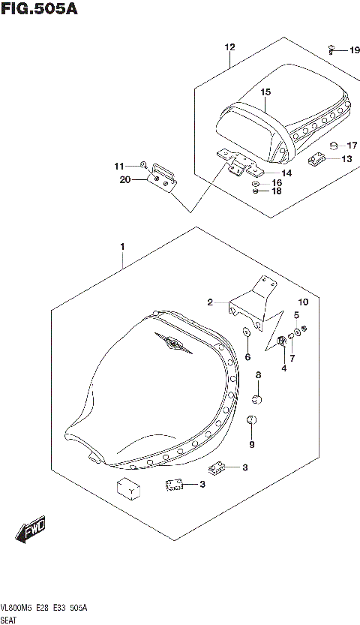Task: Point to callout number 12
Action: click(229, 47)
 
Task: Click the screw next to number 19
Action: click(331, 50)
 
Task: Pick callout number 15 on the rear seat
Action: click(265, 92)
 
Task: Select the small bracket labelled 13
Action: click(316, 158)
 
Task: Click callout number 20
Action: click(124, 180)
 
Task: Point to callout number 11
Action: click(119, 166)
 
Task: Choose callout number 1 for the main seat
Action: click(121, 246)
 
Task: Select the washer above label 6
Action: click(246, 332)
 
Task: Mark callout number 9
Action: click(252, 445)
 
